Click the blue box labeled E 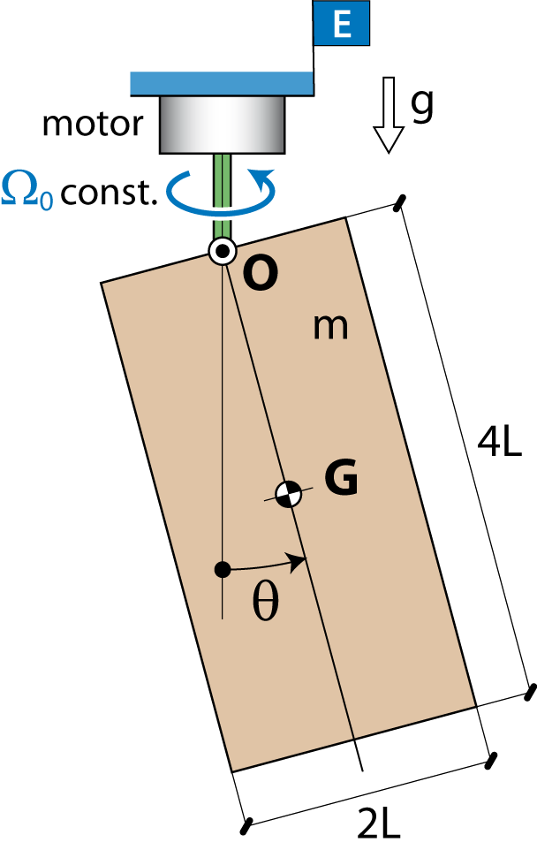[342, 23]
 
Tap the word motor [93, 124]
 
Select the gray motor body [223, 124]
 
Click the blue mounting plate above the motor [223, 83]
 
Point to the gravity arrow [389, 115]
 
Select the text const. [109, 193]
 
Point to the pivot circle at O [223, 250]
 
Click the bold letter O [261, 274]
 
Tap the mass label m [330, 327]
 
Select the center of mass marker [288, 493]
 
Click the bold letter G [342, 477]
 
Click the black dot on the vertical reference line [223, 569]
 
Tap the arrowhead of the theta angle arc [297, 562]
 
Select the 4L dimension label [499, 442]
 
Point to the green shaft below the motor [223, 195]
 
